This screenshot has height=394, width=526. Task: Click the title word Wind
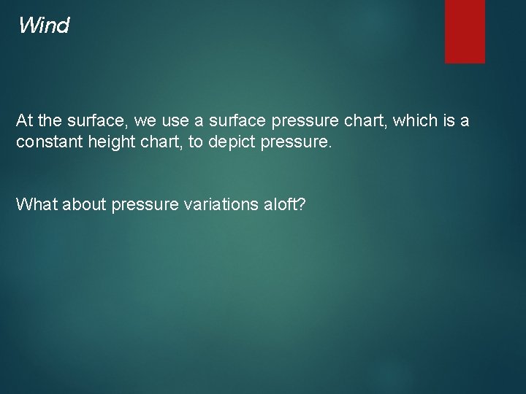(x=44, y=26)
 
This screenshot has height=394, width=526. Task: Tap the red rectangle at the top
(x=465, y=31)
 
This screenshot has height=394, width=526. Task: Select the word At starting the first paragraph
(x=25, y=120)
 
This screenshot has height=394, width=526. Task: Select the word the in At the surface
(x=50, y=120)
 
